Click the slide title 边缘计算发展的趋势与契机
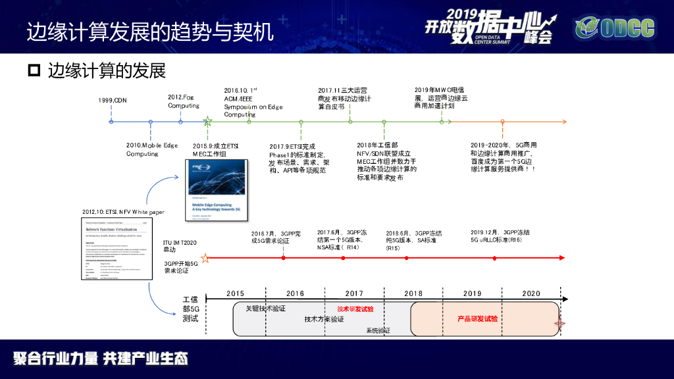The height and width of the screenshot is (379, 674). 149,32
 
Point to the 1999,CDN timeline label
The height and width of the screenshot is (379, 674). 113,100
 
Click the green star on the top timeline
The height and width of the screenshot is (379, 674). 207,121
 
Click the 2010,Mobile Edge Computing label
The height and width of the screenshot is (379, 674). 151,149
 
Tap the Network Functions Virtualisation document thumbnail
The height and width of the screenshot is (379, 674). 115,247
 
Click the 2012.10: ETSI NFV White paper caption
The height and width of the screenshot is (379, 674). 123,212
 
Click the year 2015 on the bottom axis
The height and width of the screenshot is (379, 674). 236,293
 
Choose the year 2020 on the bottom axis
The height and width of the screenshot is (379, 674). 531,293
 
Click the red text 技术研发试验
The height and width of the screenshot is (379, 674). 355,309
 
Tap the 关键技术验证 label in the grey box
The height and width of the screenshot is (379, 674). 265,308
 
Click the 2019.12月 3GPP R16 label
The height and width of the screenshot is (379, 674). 501,236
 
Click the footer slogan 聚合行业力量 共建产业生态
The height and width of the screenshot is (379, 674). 101,359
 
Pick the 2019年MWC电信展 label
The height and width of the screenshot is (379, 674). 440,97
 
